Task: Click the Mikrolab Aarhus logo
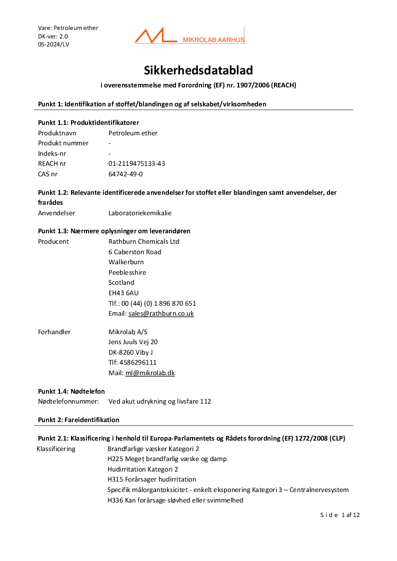(x=189, y=36)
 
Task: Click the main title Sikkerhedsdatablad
(x=198, y=70)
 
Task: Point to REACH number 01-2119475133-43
(x=136, y=163)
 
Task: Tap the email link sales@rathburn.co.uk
(x=161, y=314)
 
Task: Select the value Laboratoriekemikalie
(x=140, y=213)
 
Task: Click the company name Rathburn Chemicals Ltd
(x=143, y=241)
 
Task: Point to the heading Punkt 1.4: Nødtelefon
(x=71, y=391)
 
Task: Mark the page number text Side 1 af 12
(x=340, y=515)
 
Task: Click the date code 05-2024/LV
(x=53, y=44)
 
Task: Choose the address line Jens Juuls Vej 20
(x=133, y=342)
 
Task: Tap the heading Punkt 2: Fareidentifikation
(x=78, y=420)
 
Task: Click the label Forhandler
(x=54, y=332)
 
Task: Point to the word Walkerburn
(x=126, y=262)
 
